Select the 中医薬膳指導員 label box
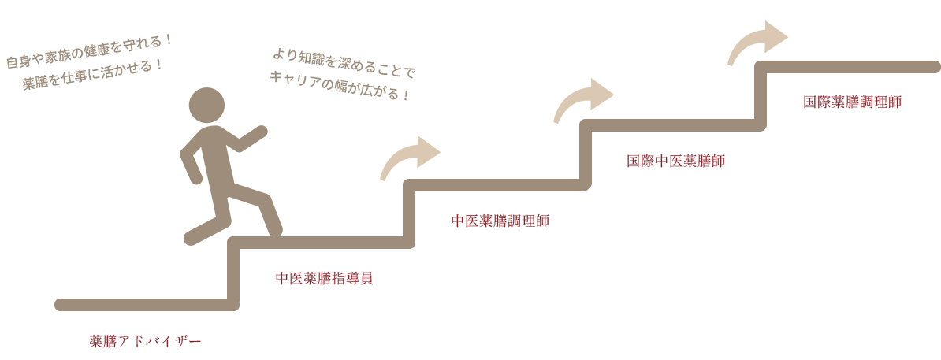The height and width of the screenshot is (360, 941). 324,278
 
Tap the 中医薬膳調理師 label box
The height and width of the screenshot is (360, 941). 500,220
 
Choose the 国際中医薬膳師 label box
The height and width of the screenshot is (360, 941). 675,161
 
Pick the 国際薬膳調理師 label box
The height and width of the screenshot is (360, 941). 851,102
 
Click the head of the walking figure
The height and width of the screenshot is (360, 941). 208,104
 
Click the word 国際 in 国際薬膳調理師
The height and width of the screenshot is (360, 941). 815,102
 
